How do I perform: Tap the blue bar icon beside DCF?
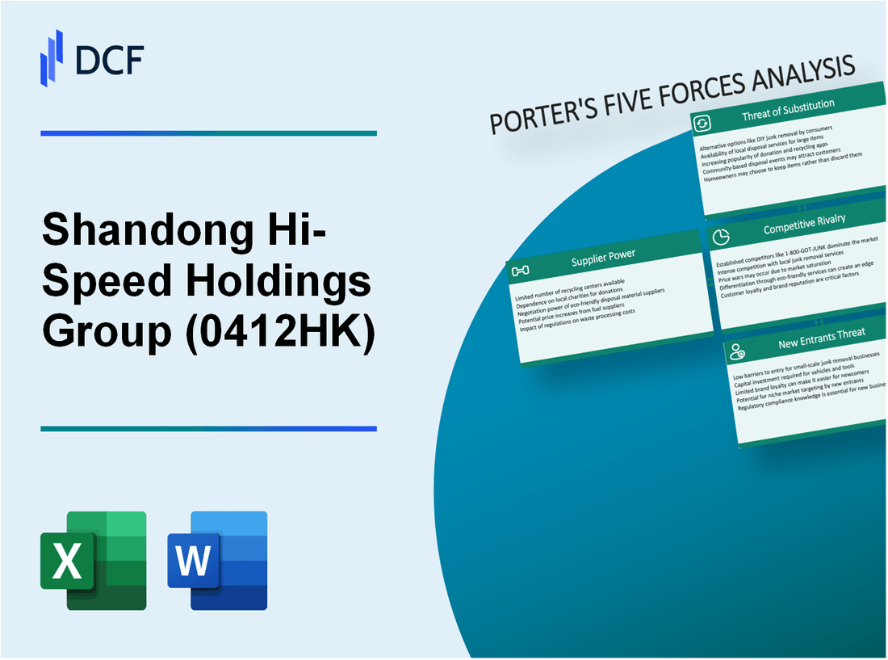pyautogui.click(x=52, y=57)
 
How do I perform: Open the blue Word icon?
pyautogui.click(x=217, y=560)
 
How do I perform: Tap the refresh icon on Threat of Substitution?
pyautogui.click(x=702, y=123)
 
